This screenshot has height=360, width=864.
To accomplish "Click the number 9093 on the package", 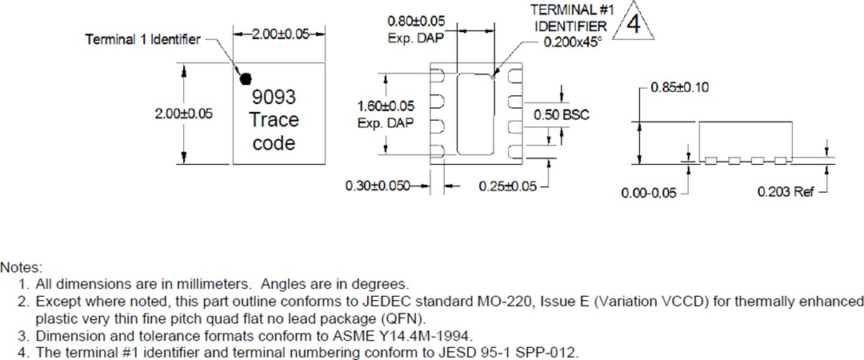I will [x=274, y=98].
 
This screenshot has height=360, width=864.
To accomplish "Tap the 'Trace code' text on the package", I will [x=274, y=132].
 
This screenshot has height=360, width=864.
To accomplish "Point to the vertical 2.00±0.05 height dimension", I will [x=183, y=114].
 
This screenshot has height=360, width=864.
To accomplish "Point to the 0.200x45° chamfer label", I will [x=572, y=42].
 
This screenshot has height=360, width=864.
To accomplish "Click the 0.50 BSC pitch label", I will [x=562, y=114].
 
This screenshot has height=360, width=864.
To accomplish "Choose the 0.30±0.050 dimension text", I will [x=378, y=186].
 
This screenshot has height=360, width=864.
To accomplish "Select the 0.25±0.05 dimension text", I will [x=507, y=186].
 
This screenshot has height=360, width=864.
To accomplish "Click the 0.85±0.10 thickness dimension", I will [x=681, y=86].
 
